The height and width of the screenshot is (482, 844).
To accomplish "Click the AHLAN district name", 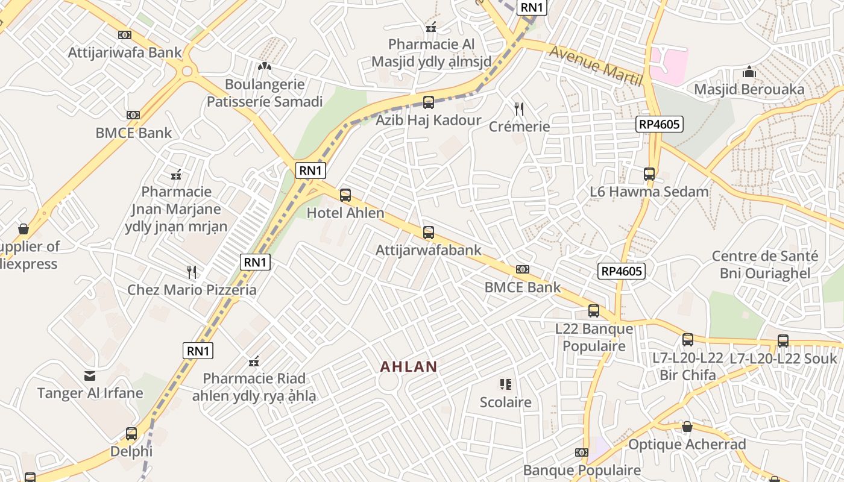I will (408, 366).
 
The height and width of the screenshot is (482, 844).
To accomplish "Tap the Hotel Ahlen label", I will (345, 213).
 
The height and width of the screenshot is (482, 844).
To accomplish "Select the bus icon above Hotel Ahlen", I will (345, 195).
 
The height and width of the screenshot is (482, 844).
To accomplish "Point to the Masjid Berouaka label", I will (749, 90).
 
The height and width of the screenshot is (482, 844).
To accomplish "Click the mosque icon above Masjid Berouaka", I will (749, 72).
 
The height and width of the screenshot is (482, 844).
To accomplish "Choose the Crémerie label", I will (519, 127).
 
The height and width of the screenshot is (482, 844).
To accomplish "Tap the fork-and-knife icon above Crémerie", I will (519, 108).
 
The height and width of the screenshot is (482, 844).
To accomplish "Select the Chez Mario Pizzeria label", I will (192, 290).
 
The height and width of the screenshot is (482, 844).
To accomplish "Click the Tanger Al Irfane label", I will (90, 393).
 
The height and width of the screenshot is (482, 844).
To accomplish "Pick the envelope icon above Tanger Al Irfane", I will (90, 376).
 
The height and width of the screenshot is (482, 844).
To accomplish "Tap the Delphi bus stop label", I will (131, 451).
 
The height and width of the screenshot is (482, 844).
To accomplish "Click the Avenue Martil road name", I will (596, 66).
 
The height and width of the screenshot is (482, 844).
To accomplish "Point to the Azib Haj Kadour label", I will (429, 120).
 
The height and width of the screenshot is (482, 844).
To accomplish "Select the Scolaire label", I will (505, 402).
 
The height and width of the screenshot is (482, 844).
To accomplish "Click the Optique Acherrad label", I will (687, 445).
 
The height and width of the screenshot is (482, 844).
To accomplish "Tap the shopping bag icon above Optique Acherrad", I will (687, 427).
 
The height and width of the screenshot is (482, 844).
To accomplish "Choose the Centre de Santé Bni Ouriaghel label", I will (765, 264).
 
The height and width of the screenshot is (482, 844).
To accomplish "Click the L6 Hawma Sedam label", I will (649, 192).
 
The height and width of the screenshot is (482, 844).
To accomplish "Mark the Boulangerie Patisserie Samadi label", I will (265, 93).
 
